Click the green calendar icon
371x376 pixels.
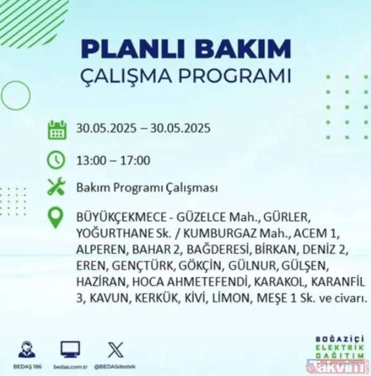point(57,130)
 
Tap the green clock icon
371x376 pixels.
point(57,160)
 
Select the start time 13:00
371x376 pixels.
point(89,161)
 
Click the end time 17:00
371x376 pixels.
point(137,161)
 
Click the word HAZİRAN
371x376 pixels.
point(100,283)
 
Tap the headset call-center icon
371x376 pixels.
point(27,349)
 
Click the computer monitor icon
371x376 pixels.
point(70,349)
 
